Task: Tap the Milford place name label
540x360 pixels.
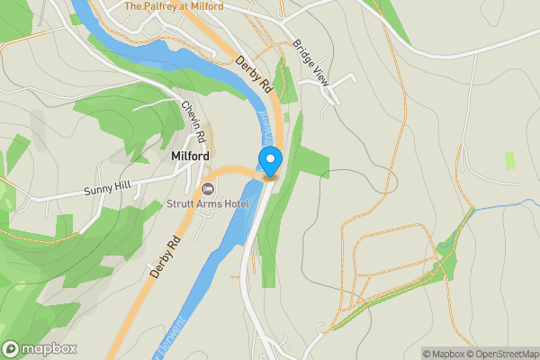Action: [x=190, y=157]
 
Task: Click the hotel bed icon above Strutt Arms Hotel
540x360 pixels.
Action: [x=208, y=189]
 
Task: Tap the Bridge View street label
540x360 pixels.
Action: [x=311, y=64]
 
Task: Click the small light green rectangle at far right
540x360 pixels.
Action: [x=510, y=160]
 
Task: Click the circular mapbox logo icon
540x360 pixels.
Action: [x=11, y=349]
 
